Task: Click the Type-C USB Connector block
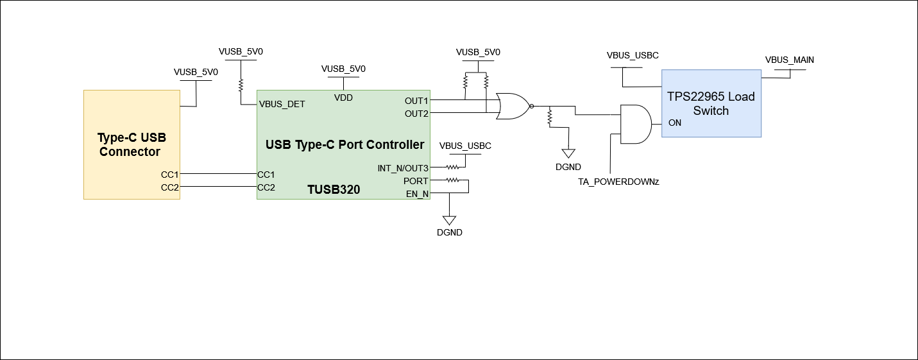[x=132, y=144]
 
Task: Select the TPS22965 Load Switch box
[x=711, y=103]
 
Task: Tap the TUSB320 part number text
[x=333, y=190]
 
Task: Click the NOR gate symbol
[x=513, y=107]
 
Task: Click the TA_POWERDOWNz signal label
[x=618, y=182]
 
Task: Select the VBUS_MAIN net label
[x=789, y=60]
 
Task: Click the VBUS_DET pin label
[x=282, y=104]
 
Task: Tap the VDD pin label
[x=343, y=98]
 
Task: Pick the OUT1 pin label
[x=416, y=101]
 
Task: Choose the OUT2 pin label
[x=416, y=114]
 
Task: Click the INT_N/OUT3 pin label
[x=403, y=168]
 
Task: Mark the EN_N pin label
[x=417, y=194]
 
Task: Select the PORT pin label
[x=416, y=181]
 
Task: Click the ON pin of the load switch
[x=674, y=123]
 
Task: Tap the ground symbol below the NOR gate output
[x=568, y=153]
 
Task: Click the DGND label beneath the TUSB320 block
[x=449, y=232]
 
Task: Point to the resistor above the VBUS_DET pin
[x=241, y=85]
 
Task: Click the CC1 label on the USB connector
[x=169, y=174]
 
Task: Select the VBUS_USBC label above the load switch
[x=633, y=55]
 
